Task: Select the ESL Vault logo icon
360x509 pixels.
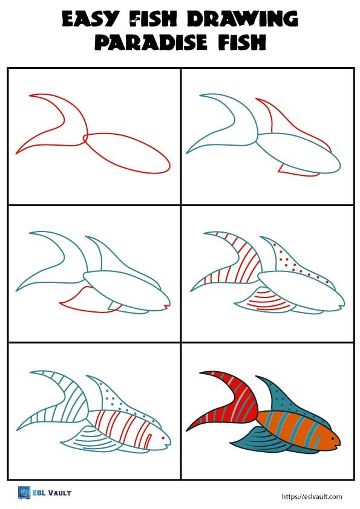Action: coord(25,493)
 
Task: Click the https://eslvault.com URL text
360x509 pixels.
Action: coord(312,496)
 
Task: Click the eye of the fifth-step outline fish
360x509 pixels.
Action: coord(160,431)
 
